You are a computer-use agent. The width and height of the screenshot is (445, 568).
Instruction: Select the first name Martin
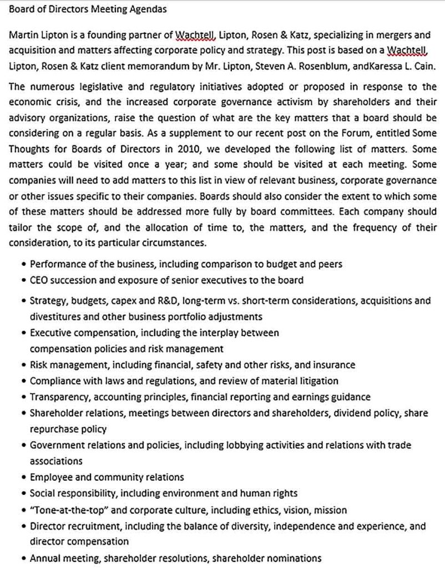(x=23, y=35)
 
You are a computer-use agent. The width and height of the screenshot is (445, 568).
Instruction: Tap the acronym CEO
(x=39, y=280)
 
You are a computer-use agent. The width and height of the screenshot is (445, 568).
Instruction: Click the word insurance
(x=332, y=365)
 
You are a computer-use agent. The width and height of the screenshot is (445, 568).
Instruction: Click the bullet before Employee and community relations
(x=23, y=478)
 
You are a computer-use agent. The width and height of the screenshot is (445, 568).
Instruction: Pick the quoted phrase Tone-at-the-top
(x=64, y=510)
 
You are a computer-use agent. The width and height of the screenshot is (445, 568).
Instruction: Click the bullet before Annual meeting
(x=23, y=559)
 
